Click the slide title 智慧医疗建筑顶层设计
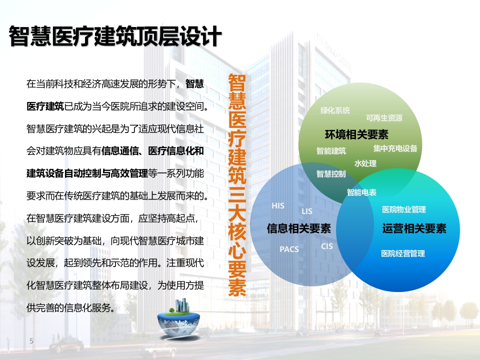(115, 36)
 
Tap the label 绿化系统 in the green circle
(335, 110)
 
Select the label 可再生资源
(384, 118)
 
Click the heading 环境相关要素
(356, 134)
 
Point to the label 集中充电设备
(395, 148)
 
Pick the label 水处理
(365, 163)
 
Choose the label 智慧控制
(331, 174)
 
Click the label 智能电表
(361, 192)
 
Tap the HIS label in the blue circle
(277, 205)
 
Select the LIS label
(306, 211)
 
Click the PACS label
(289, 249)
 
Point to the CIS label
(326, 246)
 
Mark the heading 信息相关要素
(299, 228)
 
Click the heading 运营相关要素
(414, 228)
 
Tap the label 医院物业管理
(404, 209)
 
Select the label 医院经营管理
(403, 253)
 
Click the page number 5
(31, 341)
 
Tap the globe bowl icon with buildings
(178, 320)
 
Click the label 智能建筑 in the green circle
(331, 151)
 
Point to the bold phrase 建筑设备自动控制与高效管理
(87, 173)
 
